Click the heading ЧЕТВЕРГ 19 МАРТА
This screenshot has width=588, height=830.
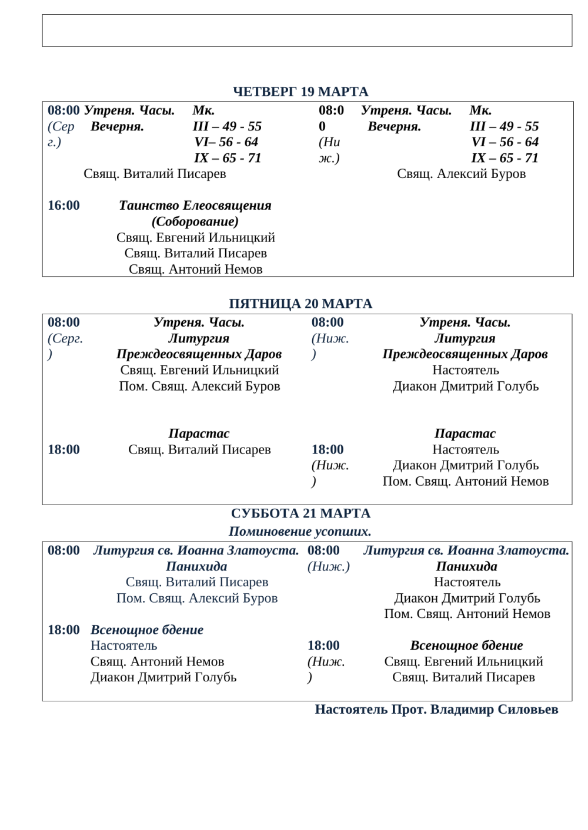pyautogui.click(x=300, y=92)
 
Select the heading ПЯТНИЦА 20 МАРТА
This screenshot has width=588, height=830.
pyautogui.click(x=300, y=304)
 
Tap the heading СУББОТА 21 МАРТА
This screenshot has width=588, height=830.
pyautogui.click(x=300, y=513)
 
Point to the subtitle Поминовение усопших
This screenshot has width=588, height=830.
pyautogui.click(x=300, y=532)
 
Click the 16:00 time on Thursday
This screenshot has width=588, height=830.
pyautogui.click(x=64, y=206)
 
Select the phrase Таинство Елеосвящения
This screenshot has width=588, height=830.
pyautogui.click(x=195, y=206)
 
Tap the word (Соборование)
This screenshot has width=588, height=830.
pyautogui.click(x=195, y=221)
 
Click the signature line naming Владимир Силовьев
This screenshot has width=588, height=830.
pyautogui.click(x=436, y=710)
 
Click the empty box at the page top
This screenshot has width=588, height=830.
pyautogui.click(x=307, y=31)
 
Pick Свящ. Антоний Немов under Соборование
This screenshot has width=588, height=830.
pyautogui.click(x=196, y=269)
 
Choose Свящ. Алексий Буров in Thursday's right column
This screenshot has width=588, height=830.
pyautogui.click(x=462, y=174)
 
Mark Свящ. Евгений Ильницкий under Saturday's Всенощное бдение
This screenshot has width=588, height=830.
pyautogui.click(x=463, y=661)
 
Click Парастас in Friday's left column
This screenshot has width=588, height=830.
pyautogui.click(x=199, y=434)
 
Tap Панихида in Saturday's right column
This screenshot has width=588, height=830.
pyautogui.click(x=466, y=566)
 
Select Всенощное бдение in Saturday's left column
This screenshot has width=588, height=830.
pyautogui.click(x=147, y=630)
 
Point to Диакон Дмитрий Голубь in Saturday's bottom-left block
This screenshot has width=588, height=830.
pyautogui.click(x=163, y=677)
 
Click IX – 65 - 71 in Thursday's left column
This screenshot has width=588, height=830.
pyautogui.click(x=228, y=158)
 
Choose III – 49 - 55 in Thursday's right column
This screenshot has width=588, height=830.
pyautogui.click(x=505, y=126)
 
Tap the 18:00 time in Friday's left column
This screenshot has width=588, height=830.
pyautogui.click(x=64, y=450)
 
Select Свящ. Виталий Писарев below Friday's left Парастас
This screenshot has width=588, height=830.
pyautogui.click(x=199, y=450)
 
